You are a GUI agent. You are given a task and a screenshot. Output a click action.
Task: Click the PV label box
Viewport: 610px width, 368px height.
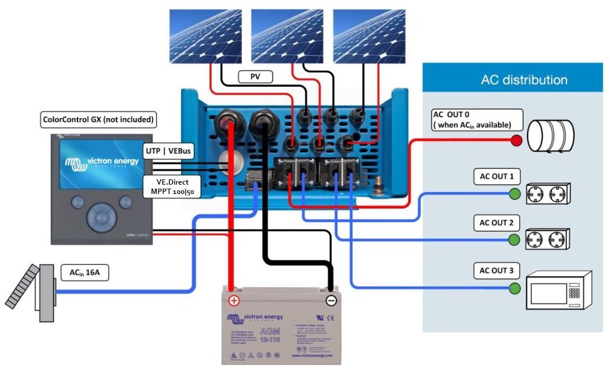coord(255,76)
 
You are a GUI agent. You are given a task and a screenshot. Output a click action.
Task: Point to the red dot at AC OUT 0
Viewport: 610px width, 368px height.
coord(516,140)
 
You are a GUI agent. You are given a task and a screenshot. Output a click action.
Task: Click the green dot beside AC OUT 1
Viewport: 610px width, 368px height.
coord(515,194)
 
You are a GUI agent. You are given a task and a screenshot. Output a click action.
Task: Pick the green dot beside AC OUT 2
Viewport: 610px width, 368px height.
coord(515,239)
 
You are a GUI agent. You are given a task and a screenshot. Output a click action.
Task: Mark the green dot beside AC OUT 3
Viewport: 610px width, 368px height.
coord(515,287)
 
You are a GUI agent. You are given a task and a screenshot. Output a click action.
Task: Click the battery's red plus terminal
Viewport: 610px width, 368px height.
coord(233,300)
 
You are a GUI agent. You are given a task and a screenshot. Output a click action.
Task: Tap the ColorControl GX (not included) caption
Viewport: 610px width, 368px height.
coord(98,120)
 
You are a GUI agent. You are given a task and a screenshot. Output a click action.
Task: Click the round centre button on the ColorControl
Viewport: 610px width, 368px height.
coord(98,217)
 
